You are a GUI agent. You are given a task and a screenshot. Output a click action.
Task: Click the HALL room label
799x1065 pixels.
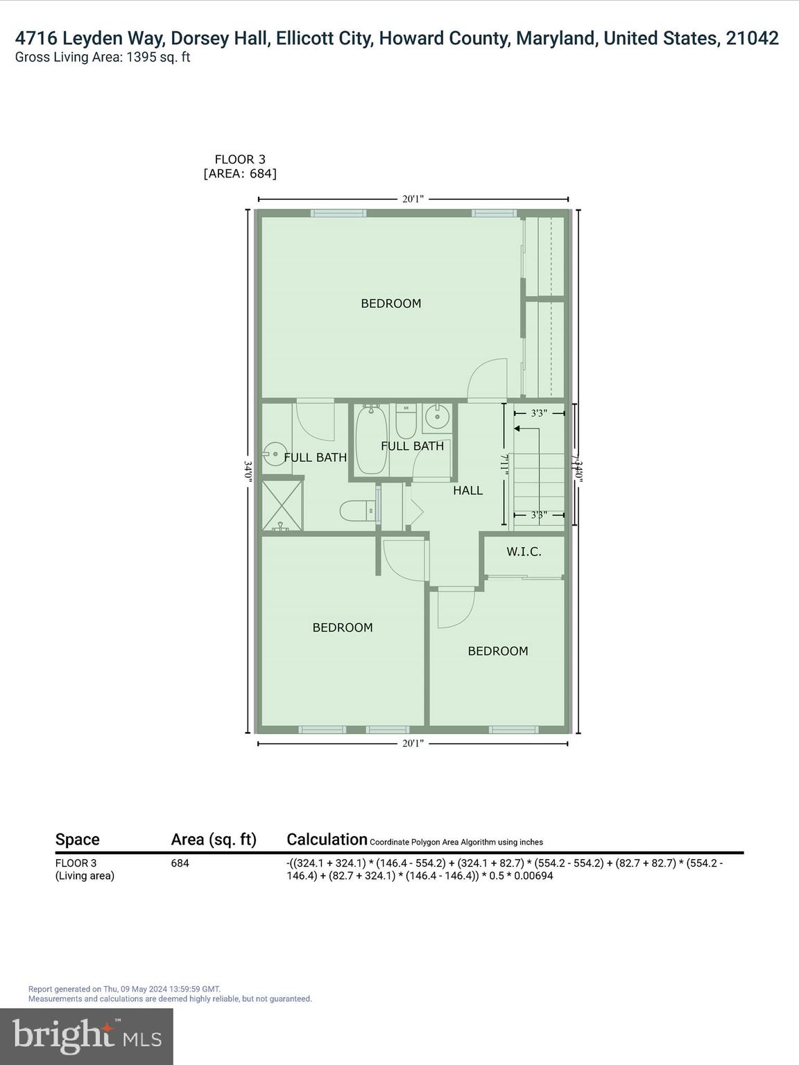point(467,490)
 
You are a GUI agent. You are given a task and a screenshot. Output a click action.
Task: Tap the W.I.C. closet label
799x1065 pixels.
point(524,552)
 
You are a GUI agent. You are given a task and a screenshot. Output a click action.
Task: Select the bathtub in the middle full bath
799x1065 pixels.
point(371,440)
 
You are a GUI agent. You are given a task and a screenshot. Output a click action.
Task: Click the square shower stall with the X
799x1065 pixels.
point(282,505)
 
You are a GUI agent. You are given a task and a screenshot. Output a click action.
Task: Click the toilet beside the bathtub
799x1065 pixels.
point(406,420)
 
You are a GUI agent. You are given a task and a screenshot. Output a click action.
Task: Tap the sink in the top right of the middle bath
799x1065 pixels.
point(436,417)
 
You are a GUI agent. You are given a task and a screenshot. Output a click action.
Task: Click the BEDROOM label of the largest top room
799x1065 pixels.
point(390,303)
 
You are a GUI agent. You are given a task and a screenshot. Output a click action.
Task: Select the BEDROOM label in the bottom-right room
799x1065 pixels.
point(497,651)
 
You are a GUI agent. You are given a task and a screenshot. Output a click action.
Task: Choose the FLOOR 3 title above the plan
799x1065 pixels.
point(239,159)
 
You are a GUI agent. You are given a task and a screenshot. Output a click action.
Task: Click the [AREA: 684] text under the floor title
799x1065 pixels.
point(239,173)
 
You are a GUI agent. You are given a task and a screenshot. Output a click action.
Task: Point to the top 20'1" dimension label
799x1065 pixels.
point(413,199)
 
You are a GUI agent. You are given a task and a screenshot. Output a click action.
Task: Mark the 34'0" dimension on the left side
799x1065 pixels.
point(248,472)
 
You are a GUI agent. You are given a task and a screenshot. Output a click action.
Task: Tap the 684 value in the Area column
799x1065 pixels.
point(180,863)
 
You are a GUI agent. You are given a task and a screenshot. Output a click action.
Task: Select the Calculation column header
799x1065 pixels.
point(327,840)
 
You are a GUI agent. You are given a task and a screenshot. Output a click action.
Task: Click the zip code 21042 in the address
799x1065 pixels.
point(752,38)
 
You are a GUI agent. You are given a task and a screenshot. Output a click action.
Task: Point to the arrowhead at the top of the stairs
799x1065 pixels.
point(517,429)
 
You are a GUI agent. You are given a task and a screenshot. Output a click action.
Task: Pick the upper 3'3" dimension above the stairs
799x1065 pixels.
point(539,413)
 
